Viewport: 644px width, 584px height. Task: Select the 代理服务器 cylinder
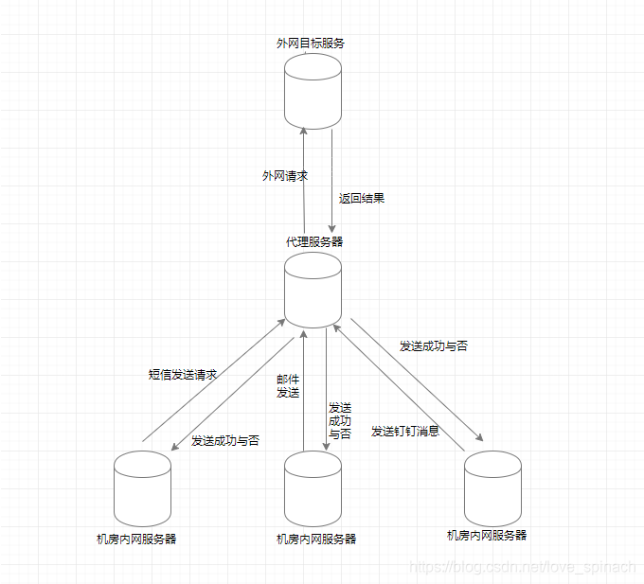coord(313,289)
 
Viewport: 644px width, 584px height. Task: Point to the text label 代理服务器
coord(314,242)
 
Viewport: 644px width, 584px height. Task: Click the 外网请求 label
coord(285,176)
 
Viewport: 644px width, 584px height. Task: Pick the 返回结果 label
coord(362,199)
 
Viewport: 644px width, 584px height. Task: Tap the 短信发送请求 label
coord(184,375)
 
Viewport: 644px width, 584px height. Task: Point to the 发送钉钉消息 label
coord(404,432)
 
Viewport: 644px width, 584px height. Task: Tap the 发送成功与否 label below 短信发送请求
coord(225,441)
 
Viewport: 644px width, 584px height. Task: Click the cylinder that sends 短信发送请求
coord(142,488)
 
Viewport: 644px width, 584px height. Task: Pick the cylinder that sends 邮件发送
coord(313,488)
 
